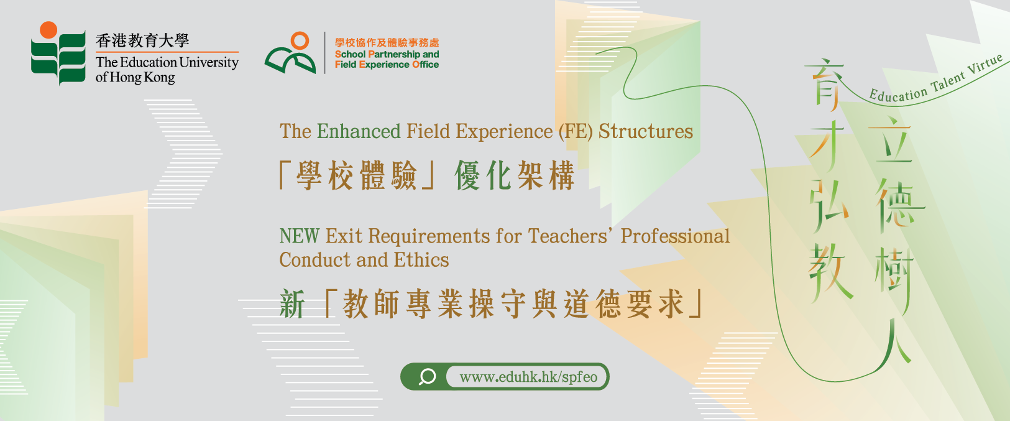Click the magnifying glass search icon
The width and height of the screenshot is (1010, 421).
[426, 376]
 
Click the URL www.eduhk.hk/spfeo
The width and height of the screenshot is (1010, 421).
[528, 377]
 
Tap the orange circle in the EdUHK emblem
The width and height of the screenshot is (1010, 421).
[48, 30]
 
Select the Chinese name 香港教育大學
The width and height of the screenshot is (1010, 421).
[142, 40]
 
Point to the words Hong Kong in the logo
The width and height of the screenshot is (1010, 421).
[142, 77]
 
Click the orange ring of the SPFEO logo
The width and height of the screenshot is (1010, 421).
[300, 40]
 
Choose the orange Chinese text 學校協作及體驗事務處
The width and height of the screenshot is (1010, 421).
[387, 43]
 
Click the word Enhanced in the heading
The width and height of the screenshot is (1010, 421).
[359, 131]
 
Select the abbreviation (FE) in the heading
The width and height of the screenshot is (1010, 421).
[576, 132]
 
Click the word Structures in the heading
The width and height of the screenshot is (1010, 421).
[646, 131]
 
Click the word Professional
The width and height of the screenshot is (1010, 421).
[675, 236]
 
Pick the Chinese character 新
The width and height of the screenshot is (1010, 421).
[292, 304]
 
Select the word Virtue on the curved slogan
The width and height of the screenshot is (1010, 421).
[986, 65]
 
